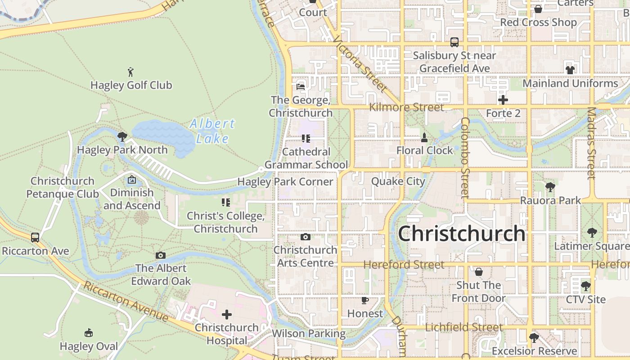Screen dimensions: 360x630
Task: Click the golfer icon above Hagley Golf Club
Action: pyautogui.click(x=130, y=72)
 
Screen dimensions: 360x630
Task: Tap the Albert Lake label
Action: pyautogui.click(x=212, y=131)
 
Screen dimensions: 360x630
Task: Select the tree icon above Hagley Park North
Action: pyautogui.click(x=122, y=136)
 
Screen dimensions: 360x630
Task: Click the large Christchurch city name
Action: pyautogui.click(x=462, y=234)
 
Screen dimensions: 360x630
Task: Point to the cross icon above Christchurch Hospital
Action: pyautogui.click(x=227, y=314)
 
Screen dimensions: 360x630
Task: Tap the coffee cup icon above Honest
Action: pyautogui.click(x=365, y=300)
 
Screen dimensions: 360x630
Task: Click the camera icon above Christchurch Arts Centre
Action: pyautogui.click(x=306, y=237)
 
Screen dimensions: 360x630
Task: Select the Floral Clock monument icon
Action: pyautogui.click(x=424, y=137)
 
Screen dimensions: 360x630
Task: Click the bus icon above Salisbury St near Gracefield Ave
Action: pyautogui.click(x=454, y=42)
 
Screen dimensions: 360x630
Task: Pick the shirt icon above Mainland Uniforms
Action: pyautogui.click(x=570, y=70)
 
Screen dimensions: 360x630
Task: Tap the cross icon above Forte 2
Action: pyautogui.click(x=503, y=100)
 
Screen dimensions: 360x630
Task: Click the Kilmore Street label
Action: pyautogui.click(x=406, y=107)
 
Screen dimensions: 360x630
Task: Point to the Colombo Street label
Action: pyautogui.click(x=465, y=157)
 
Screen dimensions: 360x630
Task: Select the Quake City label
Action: pyautogui.click(x=398, y=181)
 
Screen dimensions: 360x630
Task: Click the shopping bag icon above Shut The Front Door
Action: pyautogui.click(x=479, y=272)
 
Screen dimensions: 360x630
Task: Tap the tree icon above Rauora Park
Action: pyautogui.click(x=550, y=187)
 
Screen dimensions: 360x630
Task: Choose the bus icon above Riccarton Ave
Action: pyautogui.click(x=35, y=237)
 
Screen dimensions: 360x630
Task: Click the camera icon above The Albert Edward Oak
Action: pyautogui.click(x=161, y=255)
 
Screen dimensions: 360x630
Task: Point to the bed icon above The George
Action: pyautogui.click(x=301, y=86)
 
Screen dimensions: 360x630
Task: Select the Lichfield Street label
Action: pyautogui.click(x=463, y=327)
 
